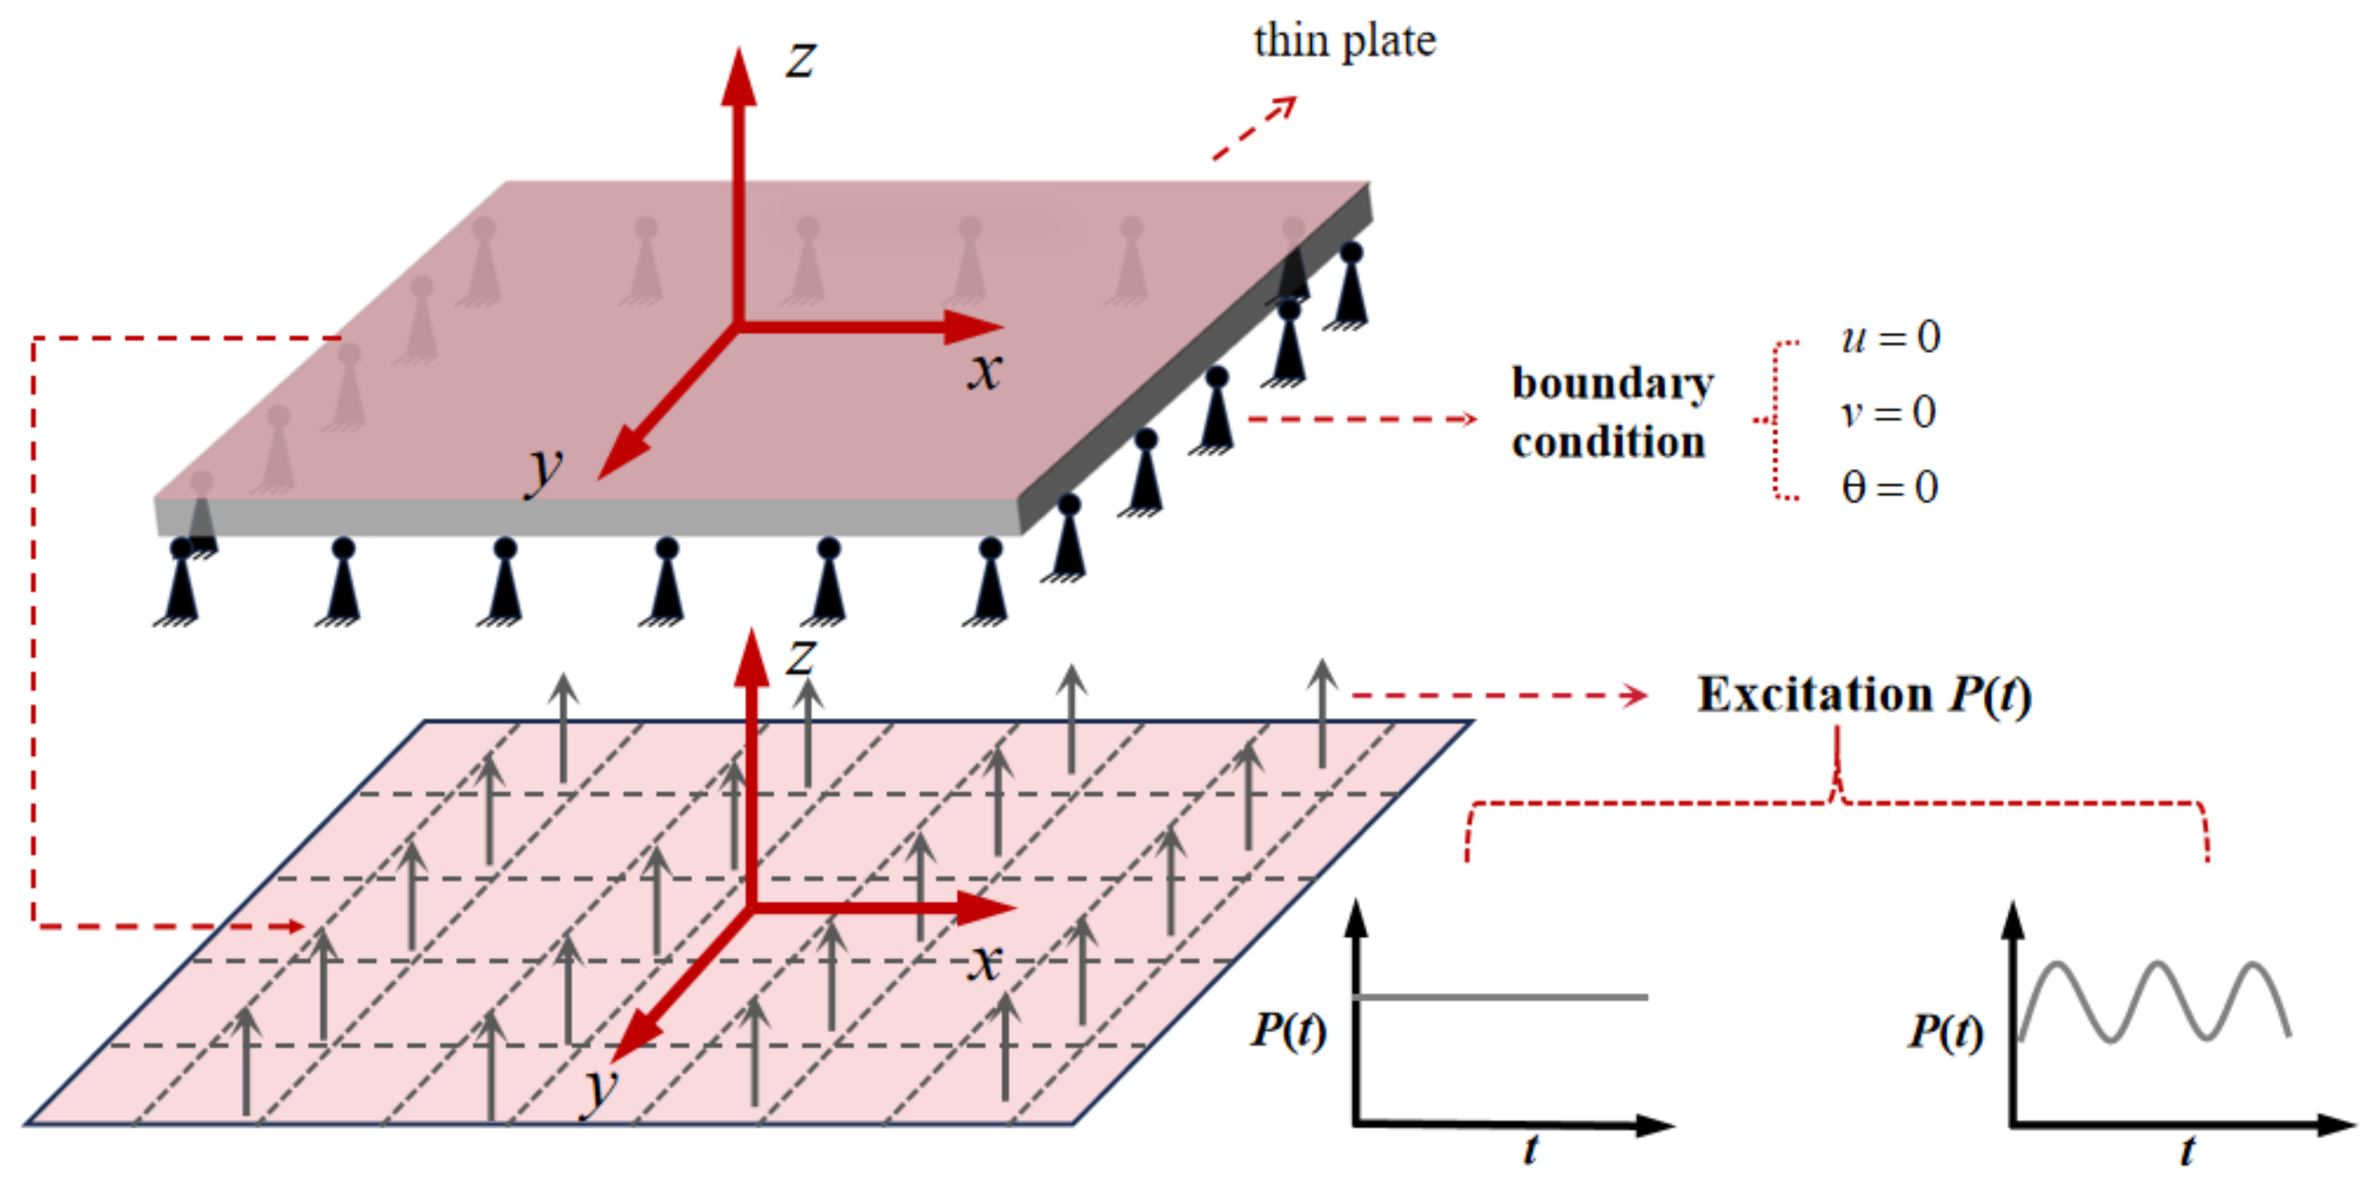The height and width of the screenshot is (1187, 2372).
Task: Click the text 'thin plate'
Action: [x=1344, y=41]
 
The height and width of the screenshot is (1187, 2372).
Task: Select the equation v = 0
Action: [x=1888, y=412]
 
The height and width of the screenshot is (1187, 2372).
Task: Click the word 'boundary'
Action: [x=1612, y=383]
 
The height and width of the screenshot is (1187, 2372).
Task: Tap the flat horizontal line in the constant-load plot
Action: [x=1501, y=997]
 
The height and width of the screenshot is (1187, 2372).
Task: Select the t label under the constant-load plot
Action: [x=1531, y=1149]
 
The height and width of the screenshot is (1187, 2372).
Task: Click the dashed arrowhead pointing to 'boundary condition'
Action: [x=1467, y=419]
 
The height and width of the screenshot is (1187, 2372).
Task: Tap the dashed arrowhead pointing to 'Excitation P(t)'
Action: [x=1637, y=696]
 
